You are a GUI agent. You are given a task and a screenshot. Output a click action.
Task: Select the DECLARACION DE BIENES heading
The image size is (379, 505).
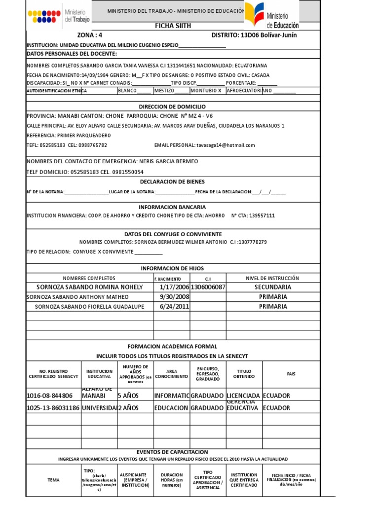pyautogui.click(x=172, y=181)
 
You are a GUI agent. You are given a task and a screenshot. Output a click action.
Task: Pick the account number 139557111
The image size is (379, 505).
pyautogui.click(x=262, y=216)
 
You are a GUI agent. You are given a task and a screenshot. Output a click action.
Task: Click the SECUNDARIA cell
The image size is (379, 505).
pyautogui.click(x=273, y=287)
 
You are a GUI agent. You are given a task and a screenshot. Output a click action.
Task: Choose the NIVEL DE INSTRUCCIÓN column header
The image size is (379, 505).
pyautogui.click(x=273, y=278)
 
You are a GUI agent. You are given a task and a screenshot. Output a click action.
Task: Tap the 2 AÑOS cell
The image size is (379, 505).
pyautogui.click(x=128, y=408)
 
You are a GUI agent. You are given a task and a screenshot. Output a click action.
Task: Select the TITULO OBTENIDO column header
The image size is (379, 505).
pyautogui.click(x=244, y=373)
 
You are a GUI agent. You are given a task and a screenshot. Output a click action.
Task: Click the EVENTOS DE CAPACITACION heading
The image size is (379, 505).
pyautogui.click(x=172, y=452)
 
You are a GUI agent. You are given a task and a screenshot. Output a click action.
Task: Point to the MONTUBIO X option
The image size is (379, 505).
pyautogui.click(x=206, y=91)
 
